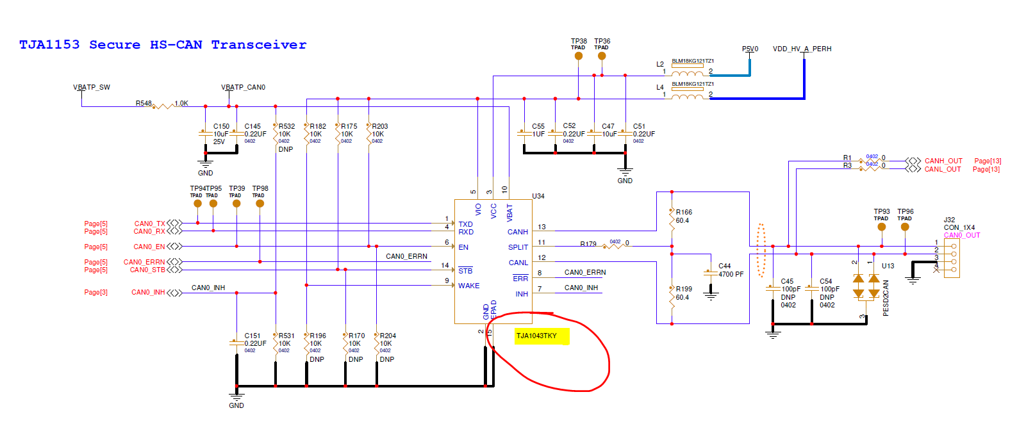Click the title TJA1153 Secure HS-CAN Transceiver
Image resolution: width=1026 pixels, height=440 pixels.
163,45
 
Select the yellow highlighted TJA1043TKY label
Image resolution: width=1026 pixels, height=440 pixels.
537,336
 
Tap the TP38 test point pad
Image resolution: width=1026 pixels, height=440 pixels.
579,56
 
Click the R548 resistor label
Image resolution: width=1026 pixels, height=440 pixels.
144,103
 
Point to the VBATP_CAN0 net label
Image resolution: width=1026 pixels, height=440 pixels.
243,87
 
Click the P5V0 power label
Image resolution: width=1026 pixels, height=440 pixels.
750,49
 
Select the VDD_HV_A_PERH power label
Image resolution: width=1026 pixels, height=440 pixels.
802,49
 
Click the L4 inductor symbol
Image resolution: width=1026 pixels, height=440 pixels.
688,96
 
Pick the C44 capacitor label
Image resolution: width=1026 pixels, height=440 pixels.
724,266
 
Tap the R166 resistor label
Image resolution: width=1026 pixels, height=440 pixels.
684,212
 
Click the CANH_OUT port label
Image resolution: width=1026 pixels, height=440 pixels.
943,161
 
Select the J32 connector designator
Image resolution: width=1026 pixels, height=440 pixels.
949,220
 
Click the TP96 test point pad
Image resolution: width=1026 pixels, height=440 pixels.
905,227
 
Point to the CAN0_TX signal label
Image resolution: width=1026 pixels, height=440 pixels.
149,224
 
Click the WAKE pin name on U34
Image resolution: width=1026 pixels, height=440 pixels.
468,286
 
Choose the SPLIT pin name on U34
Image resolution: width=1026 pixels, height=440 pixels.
518,247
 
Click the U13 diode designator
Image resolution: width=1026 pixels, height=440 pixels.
888,266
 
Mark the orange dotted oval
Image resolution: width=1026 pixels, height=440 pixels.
761,250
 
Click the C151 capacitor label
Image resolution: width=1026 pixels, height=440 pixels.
252,336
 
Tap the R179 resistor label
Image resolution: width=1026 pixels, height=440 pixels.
588,244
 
